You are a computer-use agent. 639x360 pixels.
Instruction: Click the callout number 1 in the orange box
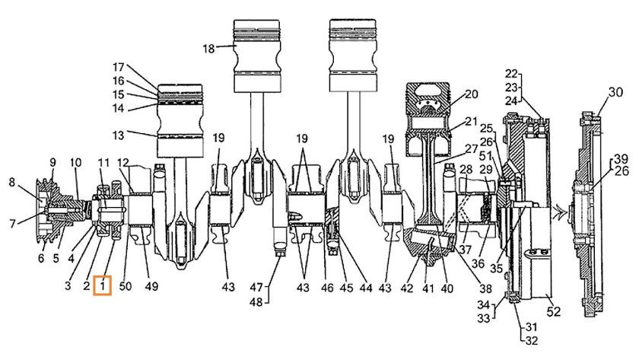103,286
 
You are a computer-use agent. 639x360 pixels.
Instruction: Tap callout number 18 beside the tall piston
208,48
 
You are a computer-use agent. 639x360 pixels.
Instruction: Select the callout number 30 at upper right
615,93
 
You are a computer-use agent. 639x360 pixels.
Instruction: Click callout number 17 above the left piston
118,66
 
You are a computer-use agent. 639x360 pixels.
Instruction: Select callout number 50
126,286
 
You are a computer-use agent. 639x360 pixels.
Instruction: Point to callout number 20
471,94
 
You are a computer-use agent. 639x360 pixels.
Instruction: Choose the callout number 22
511,74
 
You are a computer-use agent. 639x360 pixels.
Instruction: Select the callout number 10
75,162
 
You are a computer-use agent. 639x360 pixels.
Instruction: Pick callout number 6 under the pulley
41,259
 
